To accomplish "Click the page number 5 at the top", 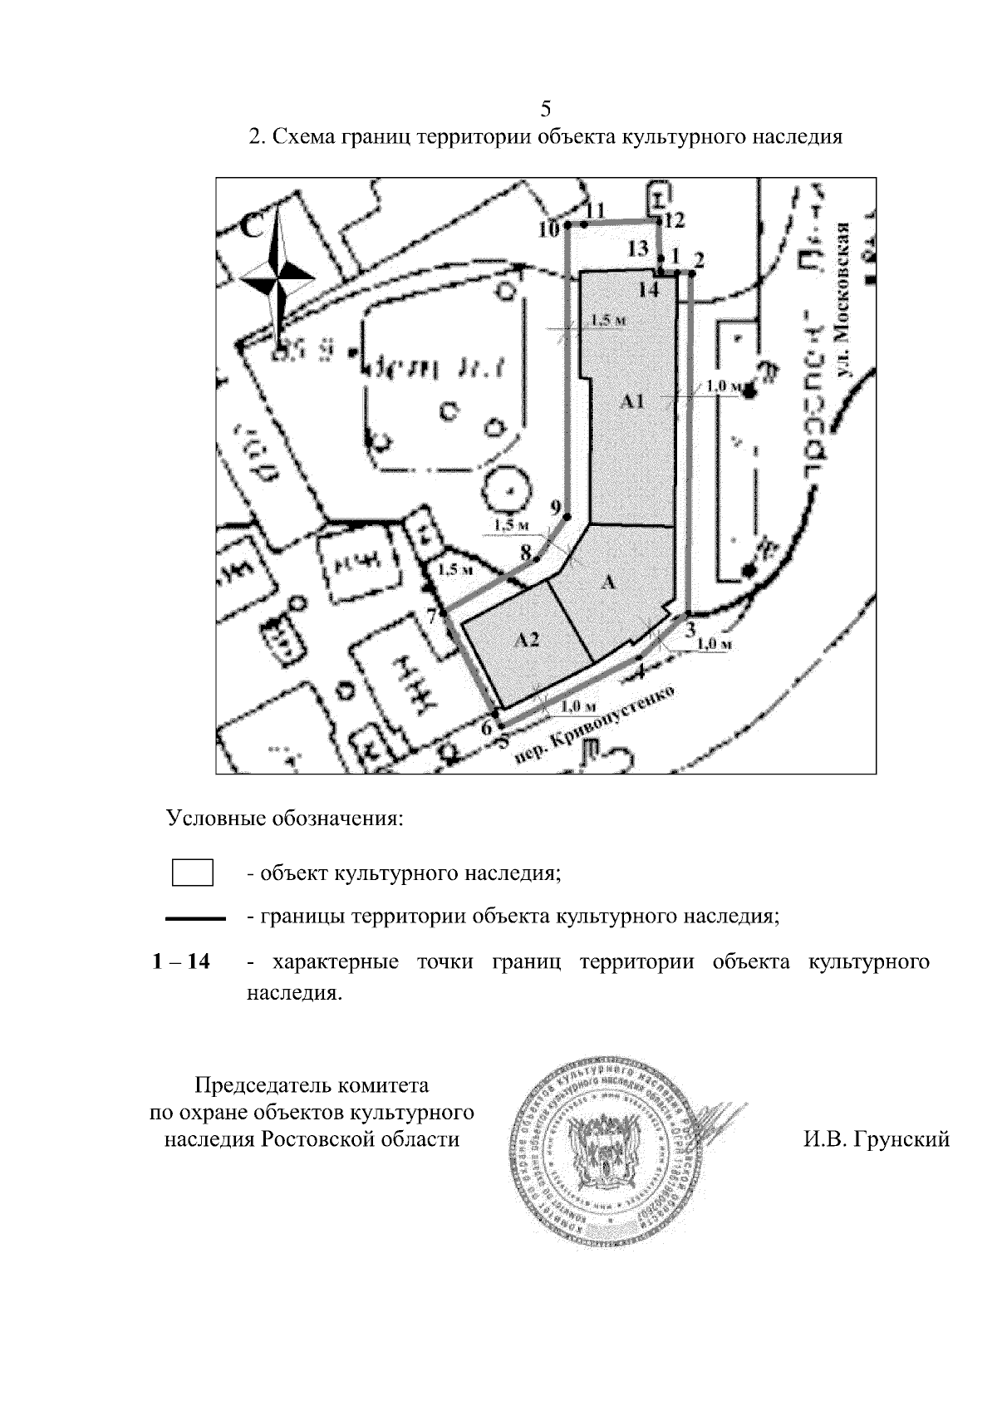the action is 546,109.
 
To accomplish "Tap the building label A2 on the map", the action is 527,640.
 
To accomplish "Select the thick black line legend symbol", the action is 196,918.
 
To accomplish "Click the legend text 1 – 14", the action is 181,962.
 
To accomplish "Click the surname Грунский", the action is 876,1139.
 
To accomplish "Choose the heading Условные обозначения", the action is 285,819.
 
